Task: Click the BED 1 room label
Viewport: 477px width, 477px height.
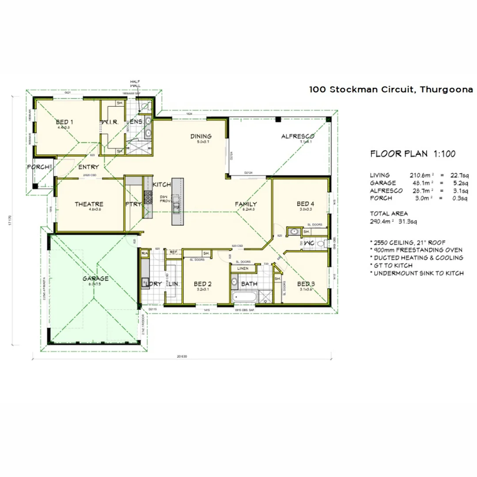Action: tap(64, 122)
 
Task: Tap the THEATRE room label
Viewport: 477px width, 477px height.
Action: tap(89, 204)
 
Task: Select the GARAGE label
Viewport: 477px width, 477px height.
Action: tap(95, 278)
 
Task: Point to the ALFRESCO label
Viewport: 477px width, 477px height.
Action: tap(297, 136)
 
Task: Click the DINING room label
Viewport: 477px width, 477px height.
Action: tap(201, 136)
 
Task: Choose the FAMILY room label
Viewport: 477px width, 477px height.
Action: tap(246, 204)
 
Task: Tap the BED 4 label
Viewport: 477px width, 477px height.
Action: tap(305, 204)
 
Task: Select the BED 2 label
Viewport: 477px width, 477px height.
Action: tap(203, 284)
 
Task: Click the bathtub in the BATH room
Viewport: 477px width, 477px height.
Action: tap(242, 297)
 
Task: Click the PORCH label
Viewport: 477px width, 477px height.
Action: tap(37, 167)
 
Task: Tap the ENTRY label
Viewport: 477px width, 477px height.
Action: tap(88, 167)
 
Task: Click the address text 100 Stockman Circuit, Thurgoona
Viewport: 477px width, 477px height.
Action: tap(391, 89)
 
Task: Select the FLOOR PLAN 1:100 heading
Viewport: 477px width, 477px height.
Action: tap(413, 154)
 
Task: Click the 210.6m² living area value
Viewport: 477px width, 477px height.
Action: tap(421, 175)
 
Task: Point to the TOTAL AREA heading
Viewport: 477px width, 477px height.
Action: tap(389, 213)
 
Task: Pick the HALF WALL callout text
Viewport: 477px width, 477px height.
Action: tap(135, 83)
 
